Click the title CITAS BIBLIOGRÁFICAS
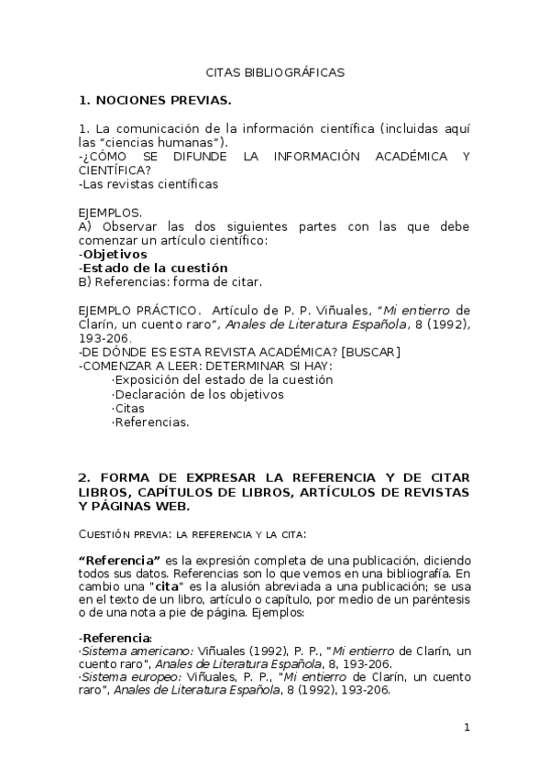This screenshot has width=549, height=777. click(x=274, y=72)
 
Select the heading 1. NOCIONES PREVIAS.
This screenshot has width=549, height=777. click(x=155, y=100)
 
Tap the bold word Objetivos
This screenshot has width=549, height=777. click(x=115, y=254)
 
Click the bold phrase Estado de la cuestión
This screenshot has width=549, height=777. click(x=155, y=268)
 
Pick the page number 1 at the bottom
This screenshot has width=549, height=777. click(x=467, y=728)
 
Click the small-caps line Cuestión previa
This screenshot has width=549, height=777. click(x=192, y=532)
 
